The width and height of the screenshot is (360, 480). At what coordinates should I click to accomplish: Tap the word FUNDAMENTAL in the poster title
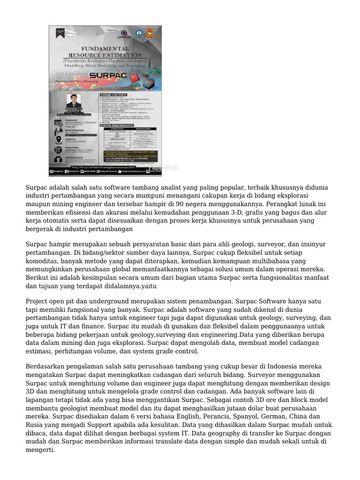pyautogui.click(x=105, y=49)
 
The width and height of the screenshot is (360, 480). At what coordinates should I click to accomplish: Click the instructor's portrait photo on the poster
pyautogui.click(x=73, y=100)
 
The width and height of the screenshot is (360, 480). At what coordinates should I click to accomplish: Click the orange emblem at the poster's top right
pyautogui.click(x=150, y=33)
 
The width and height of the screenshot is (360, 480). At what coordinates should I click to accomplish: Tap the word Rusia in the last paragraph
pyautogui.click(x=34, y=424)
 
